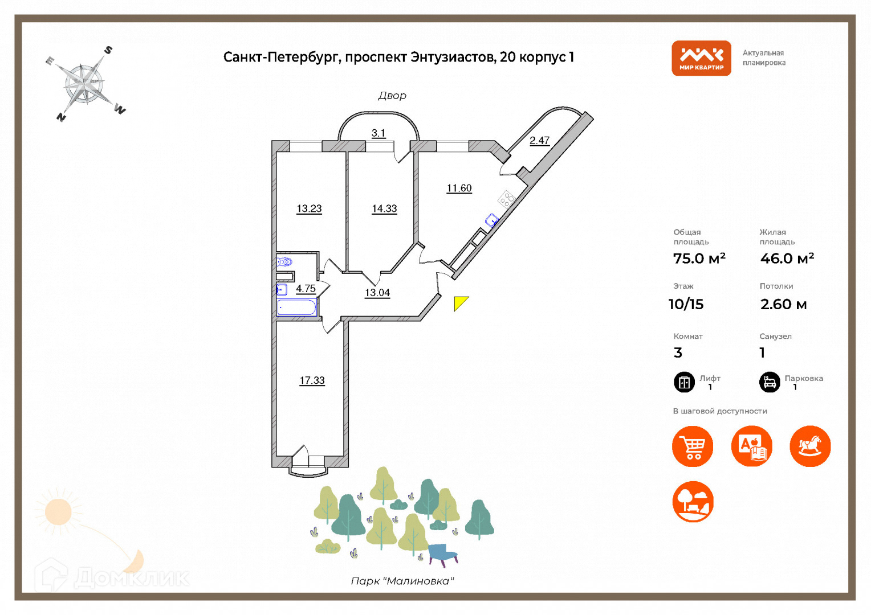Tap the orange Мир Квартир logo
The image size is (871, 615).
pyautogui.click(x=701, y=58)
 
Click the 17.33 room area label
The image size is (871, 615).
pyautogui.click(x=312, y=380)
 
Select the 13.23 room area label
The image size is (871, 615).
pyautogui.click(x=309, y=208)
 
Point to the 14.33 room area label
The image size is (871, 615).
pyautogui.click(x=384, y=208)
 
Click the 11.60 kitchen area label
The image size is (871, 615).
pyautogui.click(x=459, y=188)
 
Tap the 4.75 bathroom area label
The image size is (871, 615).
pyautogui.click(x=306, y=289)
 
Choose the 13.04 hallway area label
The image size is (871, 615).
pyautogui.click(x=377, y=293)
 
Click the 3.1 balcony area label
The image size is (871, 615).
pyautogui.click(x=378, y=133)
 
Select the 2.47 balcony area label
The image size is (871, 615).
pyautogui.click(x=539, y=141)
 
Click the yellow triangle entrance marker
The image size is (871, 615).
pyautogui.click(x=459, y=302)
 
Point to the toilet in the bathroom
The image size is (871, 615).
pyautogui.click(x=285, y=262)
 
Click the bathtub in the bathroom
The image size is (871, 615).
pyautogui.click(x=296, y=307)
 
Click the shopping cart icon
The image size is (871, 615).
pyautogui.click(x=693, y=446)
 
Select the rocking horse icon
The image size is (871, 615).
pyautogui.click(x=810, y=446)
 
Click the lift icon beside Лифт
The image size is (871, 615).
pyautogui.click(x=684, y=382)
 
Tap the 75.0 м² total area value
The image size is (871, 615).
pyautogui.click(x=699, y=259)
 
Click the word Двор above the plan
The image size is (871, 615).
pyautogui.click(x=392, y=96)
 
